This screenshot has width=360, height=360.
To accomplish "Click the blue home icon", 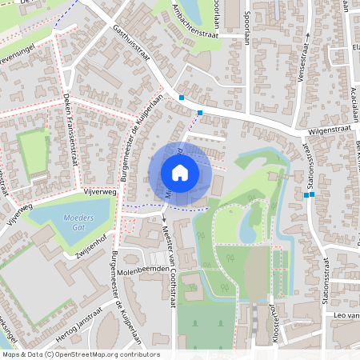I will click(180, 172).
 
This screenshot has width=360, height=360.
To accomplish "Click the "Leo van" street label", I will click(344, 317).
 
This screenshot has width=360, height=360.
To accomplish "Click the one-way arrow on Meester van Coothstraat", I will click(162, 216).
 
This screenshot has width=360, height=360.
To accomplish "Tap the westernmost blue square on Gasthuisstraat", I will click(182, 98).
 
